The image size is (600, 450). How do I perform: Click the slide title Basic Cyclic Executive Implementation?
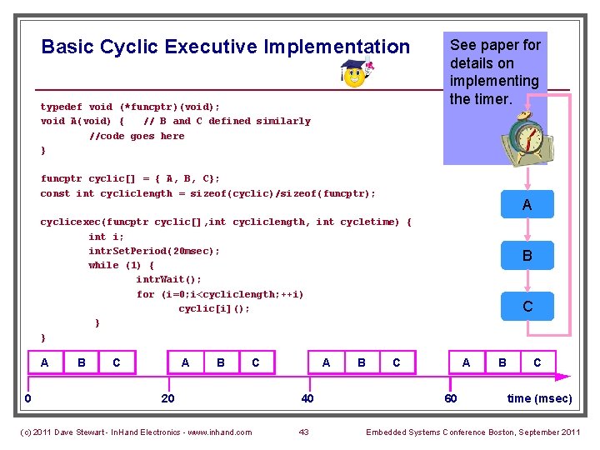[x=225, y=47]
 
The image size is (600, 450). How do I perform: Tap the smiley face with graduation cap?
[x=357, y=73]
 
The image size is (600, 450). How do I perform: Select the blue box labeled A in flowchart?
[x=527, y=204]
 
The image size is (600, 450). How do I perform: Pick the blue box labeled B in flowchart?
[x=527, y=256]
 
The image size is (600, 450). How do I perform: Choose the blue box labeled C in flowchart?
[x=527, y=307]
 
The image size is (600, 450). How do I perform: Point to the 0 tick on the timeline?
[x=27, y=398]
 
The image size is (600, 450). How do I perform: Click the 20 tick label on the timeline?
[x=167, y=398]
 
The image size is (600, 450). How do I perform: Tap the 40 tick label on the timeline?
[x=307, y=398]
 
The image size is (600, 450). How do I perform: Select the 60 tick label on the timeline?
[x=450, y=398]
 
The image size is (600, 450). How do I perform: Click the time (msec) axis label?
[x=539, y=398]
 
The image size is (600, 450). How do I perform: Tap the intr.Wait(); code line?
[x=168, y=279]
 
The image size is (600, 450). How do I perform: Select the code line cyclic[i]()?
[x=214, y=308]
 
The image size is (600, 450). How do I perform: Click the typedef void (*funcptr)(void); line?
[x=130, y=107]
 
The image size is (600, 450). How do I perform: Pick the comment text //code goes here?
[x=137, y=136]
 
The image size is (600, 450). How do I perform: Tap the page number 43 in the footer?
[x=303, y=432]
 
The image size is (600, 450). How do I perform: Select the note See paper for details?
[x=495, y=72]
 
